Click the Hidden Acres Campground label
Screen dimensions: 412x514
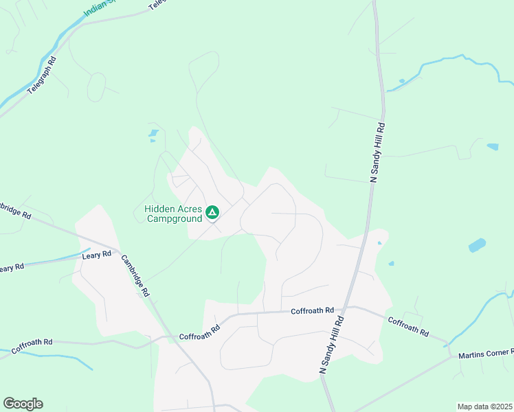click(x=173, y=214)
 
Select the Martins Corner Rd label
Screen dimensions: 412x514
click(x=486, y=354)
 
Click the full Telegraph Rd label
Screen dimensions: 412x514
click(x=42, y=76)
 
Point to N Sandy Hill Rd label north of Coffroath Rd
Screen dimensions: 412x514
click(x=377, y=152)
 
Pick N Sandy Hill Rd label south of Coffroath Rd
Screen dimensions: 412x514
click(x=331, y=345)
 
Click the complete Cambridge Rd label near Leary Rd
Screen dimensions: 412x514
click(x=135, y=275)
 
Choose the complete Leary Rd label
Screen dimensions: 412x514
click(x=96, y=255)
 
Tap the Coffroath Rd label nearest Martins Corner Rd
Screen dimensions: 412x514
click(x=408, y=326)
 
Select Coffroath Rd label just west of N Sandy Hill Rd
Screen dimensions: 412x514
click(x=312, y=311)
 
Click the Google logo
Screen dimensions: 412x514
click(x=23, y=404)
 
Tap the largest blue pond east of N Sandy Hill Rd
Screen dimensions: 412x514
click(x=477, y=245)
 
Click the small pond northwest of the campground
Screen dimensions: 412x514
click(x=154, y=133)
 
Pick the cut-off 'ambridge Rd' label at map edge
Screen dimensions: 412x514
click(x=15, y=210)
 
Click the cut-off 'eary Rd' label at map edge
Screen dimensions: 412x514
click(x=12, y=267)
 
